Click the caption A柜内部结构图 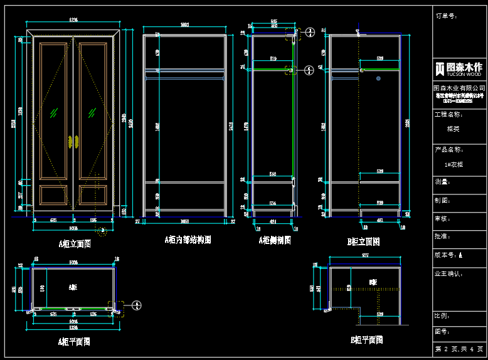(x=188, y=240)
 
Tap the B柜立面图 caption (x=363, y=241)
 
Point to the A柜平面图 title (x=74, y=342)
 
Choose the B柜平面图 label (x=366, y=340)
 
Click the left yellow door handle (x=68, y=142)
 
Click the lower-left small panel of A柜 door (x=55, y=195)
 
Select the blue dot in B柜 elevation (x=378, y=78)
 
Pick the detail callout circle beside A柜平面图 (x=137, y=305)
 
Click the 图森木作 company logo (x=460, y=68)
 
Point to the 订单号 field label (x=447, y=16)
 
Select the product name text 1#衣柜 (x=454, y=164)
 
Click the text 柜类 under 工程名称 (x=453, y=129)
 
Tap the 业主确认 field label (x=448, y=274)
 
